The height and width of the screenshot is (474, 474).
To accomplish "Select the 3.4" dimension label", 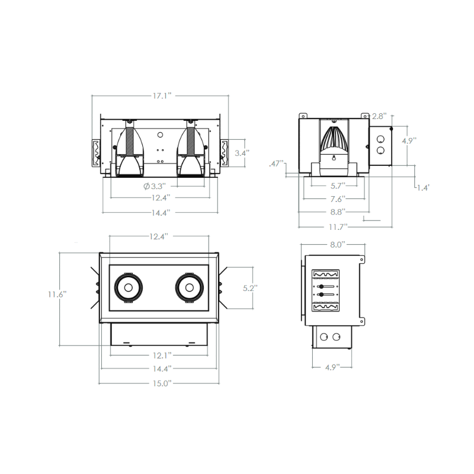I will [x=242, y=152].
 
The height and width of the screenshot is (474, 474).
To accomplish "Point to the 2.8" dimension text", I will [x=379, y=116].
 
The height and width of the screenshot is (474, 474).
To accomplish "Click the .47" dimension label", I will [x=276, y=164].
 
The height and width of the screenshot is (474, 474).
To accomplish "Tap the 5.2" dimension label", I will [x=251, y=289].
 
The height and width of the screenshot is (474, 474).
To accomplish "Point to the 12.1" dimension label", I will [x=160, y=355].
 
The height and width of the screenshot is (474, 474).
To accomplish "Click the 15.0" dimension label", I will [x=160, y=383].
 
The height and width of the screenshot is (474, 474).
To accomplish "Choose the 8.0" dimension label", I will [x=337, y=244].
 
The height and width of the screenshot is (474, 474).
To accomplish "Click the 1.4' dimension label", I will [x=422, y=187].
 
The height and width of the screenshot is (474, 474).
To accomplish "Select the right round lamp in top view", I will [x=190, y=288].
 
